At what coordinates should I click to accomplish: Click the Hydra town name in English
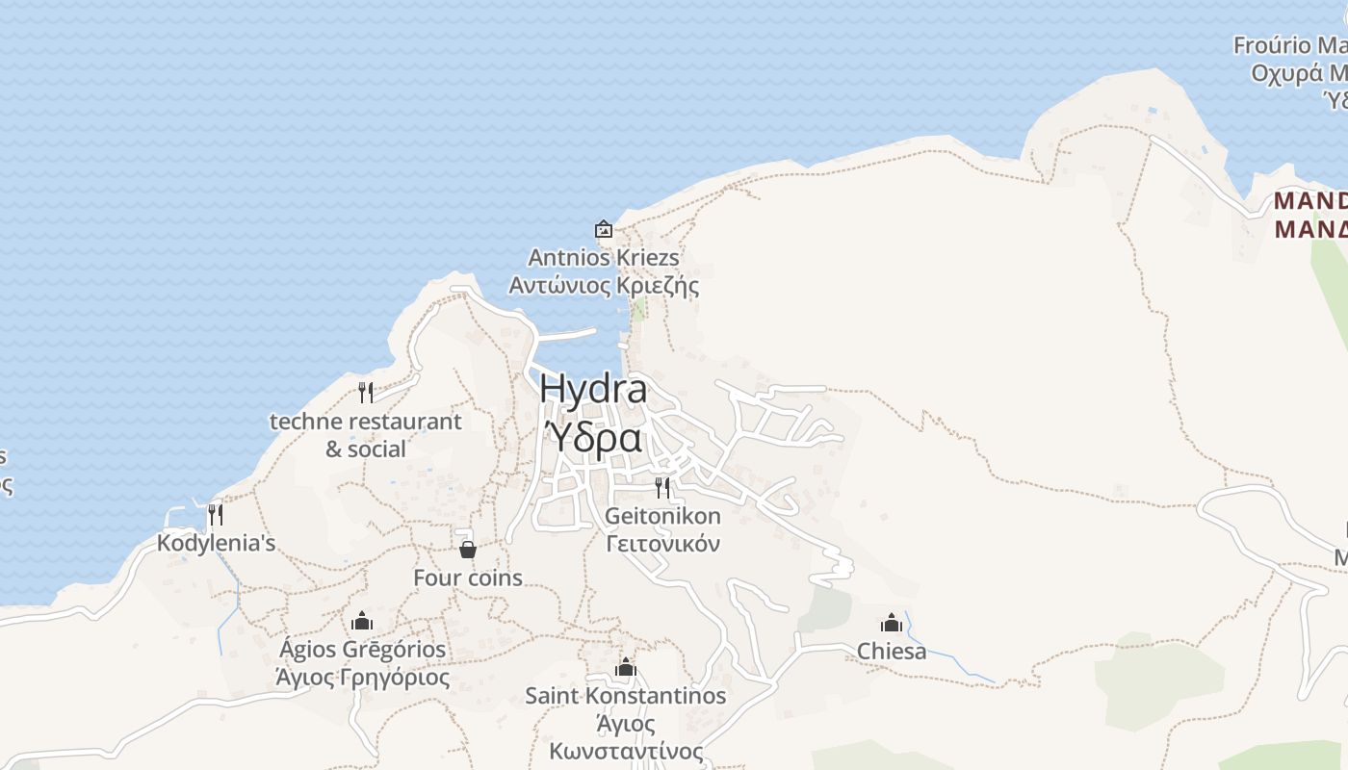coord(593,389)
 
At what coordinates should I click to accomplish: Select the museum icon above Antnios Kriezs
coord(604,229)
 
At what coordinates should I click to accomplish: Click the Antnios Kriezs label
coord(604,258)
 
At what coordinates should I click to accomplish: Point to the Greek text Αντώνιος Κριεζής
coord(604,286)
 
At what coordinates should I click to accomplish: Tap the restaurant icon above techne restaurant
coord(366,392)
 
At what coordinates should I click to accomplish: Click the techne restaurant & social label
coord(366,435)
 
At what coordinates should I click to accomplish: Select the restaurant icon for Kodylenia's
coord(216,515)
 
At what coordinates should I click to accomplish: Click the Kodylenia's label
coord(217,543)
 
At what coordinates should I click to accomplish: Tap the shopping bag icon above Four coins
coord(468,550)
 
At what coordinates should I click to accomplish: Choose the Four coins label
coord(468,577)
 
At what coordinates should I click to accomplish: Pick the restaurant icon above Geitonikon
coord(662,487)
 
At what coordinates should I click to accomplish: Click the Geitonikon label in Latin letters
coord(662,516)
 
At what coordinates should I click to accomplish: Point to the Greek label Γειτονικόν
coord(662,544)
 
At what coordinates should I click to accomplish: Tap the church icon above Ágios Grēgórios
coord(362,621)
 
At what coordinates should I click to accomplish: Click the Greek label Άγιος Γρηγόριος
coord(363,678)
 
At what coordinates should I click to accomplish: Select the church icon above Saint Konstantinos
coord(626,667)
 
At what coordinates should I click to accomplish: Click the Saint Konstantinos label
coord(626,695)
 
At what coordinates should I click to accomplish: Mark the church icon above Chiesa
coord(892,623)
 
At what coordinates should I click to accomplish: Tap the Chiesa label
coord(892,652)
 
